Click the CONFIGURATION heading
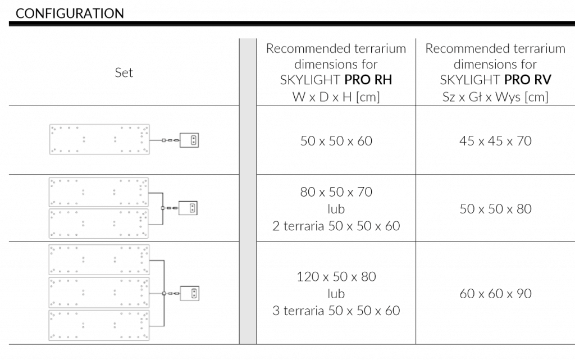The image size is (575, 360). click(70, 13)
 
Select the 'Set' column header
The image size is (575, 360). click(124, 72)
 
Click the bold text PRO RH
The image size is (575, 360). click(368, 80)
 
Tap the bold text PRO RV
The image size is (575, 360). click(528, 80)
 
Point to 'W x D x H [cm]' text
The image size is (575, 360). click(336, 97)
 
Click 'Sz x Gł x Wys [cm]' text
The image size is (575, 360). click(495, 97)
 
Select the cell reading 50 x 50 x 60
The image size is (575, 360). click(336, 141)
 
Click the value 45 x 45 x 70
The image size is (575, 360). click(495, 141)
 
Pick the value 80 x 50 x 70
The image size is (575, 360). click(336, 192)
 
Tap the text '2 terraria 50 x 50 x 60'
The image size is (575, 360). click(336, 226)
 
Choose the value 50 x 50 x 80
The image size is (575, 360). click(495, 208)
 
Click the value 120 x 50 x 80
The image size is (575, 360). click(336, 276)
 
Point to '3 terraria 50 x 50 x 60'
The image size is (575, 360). click(336, 311)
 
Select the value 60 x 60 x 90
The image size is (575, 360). click(495, 293)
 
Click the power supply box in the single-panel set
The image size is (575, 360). click(189, 140)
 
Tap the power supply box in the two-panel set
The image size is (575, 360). click(188, 208)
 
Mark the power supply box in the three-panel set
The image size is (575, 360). click(190, 293)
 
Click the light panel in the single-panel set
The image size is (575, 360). click(99, 139)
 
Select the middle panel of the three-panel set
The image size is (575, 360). click(99, 293)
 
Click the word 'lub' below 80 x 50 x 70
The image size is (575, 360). click(336, 208)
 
